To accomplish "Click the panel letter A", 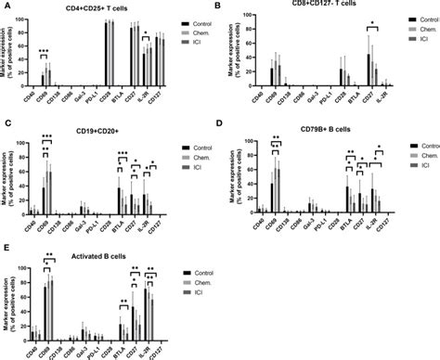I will click(5, 6).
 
